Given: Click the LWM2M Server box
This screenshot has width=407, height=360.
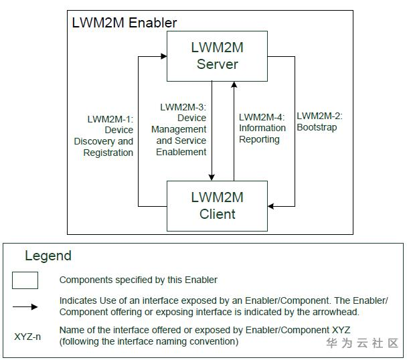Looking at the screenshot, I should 217,56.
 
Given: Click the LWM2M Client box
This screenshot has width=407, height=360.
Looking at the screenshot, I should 217,205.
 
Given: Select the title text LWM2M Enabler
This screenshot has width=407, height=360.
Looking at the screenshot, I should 125,23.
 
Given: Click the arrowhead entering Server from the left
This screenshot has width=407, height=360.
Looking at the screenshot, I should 163,57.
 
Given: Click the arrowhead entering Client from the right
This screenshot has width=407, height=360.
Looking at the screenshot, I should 272,206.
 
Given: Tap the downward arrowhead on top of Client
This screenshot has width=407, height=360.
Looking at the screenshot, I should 212,177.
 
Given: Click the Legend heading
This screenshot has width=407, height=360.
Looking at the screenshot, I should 48,256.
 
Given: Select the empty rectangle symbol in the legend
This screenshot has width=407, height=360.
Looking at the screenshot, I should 25,280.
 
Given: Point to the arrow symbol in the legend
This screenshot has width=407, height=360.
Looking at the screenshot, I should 25,307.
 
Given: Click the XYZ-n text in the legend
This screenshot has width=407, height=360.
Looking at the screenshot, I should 27,336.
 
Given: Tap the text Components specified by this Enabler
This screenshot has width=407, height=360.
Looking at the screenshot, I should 138,280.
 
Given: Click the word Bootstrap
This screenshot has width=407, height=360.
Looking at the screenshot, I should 317,127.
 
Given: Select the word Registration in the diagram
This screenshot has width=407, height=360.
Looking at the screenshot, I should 108,153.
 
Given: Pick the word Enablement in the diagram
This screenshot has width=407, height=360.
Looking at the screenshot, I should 181,152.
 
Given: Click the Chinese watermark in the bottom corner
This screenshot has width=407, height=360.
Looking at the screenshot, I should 362,343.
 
